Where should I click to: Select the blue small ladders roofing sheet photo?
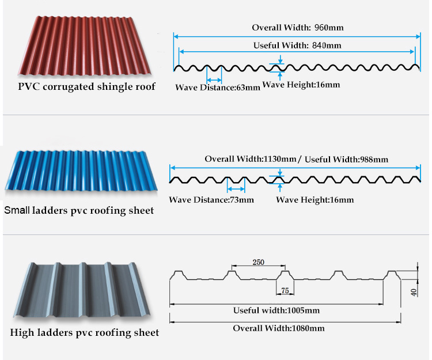81,170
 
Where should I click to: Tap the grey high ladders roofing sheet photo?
82,290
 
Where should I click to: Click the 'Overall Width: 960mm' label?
298,28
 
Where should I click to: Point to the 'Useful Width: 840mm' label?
297,45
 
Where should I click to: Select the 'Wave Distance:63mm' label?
218,88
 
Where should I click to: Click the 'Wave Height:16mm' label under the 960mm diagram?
301,85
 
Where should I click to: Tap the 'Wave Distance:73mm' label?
211,200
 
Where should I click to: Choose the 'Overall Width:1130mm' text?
251,159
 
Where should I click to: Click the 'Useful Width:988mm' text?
346,159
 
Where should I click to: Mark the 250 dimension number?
259,262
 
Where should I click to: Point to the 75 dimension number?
285,290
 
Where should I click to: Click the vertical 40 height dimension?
414,292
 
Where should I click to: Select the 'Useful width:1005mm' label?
276,310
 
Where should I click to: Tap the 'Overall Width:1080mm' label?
279,328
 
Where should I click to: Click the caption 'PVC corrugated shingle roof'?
86,87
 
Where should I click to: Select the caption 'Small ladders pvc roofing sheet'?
79,210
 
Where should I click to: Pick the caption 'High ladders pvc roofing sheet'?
84,332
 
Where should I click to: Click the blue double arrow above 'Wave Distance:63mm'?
214,80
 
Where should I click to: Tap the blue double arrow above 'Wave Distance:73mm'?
236,189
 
